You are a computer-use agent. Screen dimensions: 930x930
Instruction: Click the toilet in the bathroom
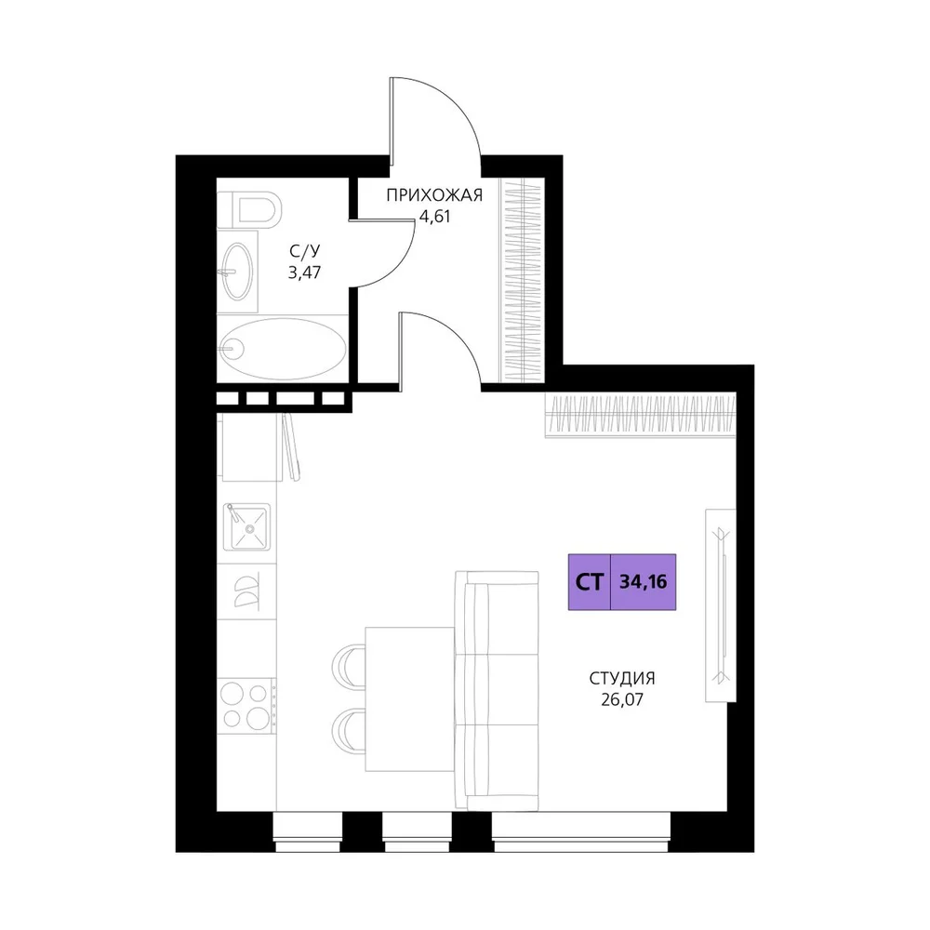pos(248,208)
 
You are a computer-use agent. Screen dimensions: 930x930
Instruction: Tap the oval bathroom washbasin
pos(238,272)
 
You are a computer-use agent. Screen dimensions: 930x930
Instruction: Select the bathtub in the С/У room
pos(283,349)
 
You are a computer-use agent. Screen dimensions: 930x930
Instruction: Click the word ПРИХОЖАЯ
pos(434,195)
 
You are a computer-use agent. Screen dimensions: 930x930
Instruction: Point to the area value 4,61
pos(434,217)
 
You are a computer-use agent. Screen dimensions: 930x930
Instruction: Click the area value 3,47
pos(304,272)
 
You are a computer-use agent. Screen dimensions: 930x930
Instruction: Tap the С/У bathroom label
pos(304,251)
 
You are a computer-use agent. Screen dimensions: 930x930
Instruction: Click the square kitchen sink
pos(246,526)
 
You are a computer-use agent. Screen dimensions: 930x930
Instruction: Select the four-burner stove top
pos(246,706)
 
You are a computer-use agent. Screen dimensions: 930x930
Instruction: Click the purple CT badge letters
pos(590,582)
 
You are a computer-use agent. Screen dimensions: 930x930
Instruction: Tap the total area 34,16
pos(644,582)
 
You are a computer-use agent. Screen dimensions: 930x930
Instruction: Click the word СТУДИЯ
pos(622,678)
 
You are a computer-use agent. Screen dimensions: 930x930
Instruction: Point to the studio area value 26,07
pos(622,700)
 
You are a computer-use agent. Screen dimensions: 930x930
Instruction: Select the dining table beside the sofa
pos(410,699)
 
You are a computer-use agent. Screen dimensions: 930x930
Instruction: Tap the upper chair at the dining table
pos(349,666)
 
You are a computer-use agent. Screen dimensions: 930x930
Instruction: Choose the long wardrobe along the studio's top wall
pos(641,415)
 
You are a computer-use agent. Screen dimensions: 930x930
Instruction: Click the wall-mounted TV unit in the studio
pos(721,605)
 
